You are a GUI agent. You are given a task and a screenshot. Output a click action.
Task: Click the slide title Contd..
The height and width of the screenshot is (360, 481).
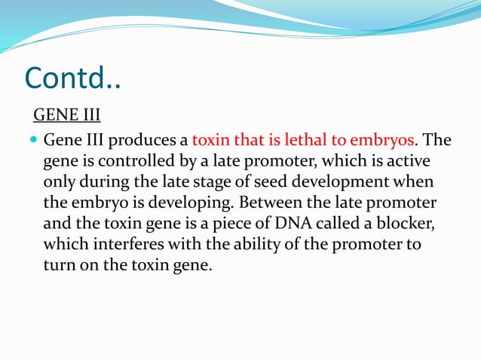pyautogui.click(x=73, y=78)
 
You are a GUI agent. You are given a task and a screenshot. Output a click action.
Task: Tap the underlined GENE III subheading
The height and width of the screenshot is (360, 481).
pyautogui.click(x=66, y=115)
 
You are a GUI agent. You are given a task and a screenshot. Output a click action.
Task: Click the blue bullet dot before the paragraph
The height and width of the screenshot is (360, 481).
pyautogui.click(x=35, y=141)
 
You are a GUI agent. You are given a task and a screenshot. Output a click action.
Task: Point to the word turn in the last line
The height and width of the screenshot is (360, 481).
pyautogui.click(x=60, y=265)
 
